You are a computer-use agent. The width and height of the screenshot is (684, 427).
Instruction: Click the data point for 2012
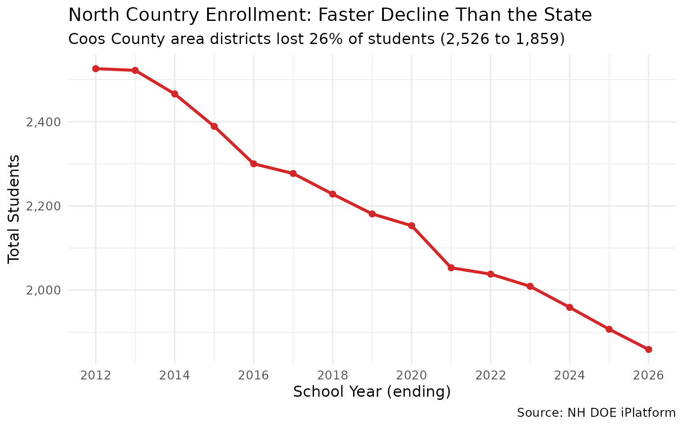point(95,68)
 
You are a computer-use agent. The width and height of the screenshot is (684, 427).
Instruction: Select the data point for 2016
point(253,164)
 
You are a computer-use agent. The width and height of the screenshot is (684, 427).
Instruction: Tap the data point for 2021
point(451,268)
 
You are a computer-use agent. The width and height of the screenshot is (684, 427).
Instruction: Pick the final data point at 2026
point(649,350)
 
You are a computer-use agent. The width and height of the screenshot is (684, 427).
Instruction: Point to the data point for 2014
point(175,94)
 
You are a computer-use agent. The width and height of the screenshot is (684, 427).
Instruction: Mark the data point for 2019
point(372,214)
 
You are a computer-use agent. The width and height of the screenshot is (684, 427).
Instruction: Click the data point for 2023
point(530,286)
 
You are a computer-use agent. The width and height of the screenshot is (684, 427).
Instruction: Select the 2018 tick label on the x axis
point(332,375)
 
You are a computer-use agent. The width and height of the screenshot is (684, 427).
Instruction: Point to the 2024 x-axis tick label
point(570,375)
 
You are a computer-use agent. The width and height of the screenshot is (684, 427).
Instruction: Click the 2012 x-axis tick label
point(95,375)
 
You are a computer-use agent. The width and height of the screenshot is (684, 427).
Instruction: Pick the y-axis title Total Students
point(14,208)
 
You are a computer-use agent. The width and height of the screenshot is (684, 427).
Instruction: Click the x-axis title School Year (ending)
point(372,392)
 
